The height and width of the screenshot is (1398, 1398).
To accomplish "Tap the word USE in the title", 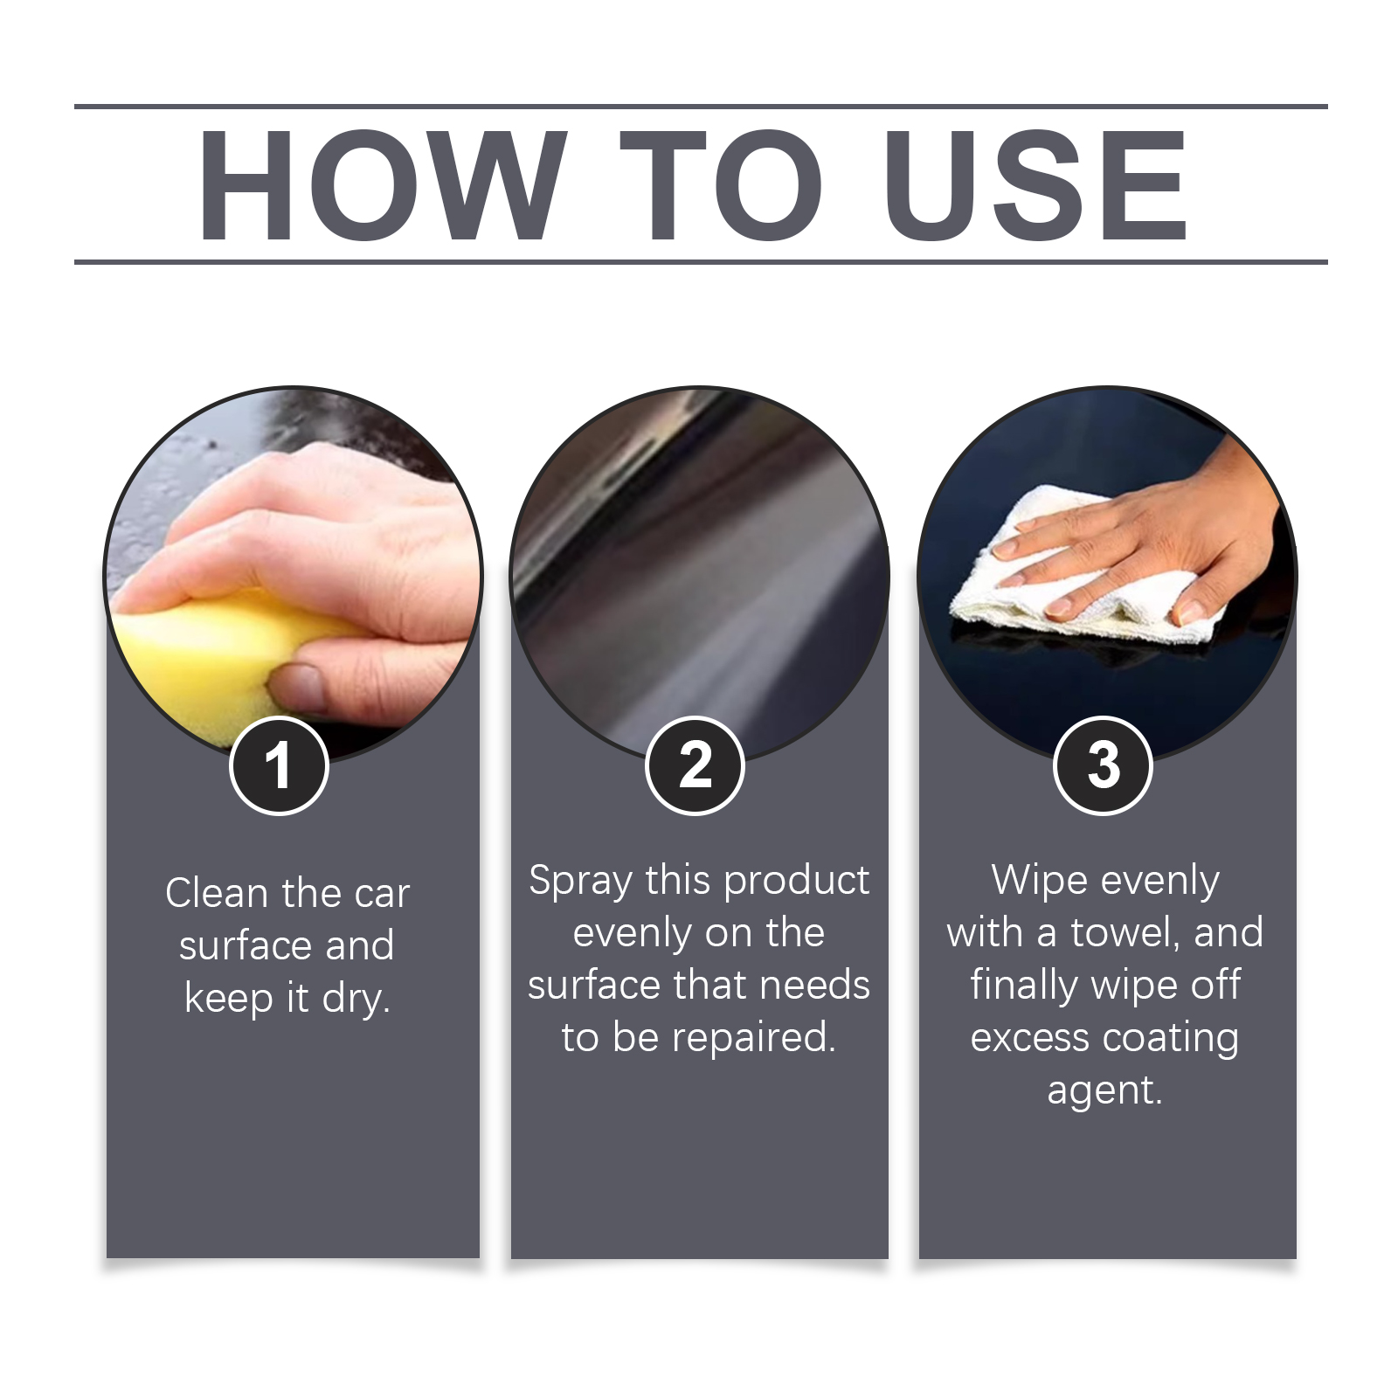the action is (1036, 184).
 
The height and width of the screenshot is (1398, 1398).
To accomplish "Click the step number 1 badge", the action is (279, 765).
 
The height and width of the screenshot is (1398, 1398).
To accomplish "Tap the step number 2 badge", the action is (695, 765).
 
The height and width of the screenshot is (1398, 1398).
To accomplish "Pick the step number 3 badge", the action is (1104, 765).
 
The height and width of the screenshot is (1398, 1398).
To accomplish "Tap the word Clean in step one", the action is (216, 893).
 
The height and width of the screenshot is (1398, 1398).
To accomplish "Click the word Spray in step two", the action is (581, 882).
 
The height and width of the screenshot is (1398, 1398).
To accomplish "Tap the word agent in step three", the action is (1105, 1091).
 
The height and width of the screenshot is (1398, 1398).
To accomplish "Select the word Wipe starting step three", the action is (1034, 882).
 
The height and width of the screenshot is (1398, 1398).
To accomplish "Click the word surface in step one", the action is (246, 945).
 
